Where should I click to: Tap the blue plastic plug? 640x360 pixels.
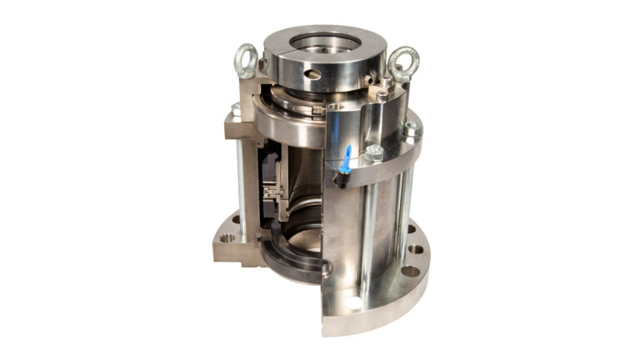point(346,154)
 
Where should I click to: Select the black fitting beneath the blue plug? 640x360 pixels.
point(341,173)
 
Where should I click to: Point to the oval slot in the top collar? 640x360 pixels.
point(313,74)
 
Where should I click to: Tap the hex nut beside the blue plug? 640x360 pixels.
point(374,154)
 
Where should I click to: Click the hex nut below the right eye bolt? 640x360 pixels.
point(410,130)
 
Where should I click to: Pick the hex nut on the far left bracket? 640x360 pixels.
point(236,111)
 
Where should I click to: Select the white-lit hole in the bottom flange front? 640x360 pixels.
point(356,302)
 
